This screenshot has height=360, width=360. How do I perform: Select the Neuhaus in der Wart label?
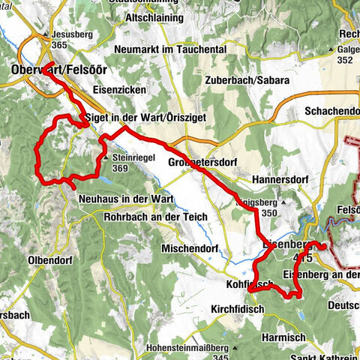pyautogui.click(x=126, y=199)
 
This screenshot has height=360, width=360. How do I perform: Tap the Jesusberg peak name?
pyautogui.click(x=72, y=34)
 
